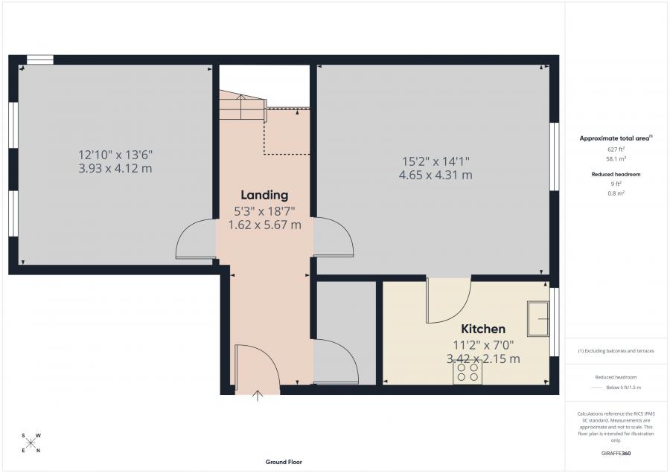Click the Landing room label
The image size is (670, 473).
(258, 196)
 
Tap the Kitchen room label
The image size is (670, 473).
(483, 329)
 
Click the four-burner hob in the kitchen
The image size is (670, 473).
(468, 373)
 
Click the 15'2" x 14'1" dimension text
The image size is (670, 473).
(435, 161)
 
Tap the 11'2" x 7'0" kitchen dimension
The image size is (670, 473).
(482, 344)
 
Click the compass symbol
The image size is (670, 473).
(31, 443)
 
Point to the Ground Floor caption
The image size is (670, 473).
(284, 462)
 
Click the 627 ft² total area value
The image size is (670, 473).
(616, 149)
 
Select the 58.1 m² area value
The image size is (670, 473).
(616, 159)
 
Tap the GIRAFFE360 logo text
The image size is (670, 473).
(616, 453)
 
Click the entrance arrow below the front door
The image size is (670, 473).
(258, 396)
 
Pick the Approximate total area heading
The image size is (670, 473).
(616, 138)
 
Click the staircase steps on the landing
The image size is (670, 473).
(240, 106)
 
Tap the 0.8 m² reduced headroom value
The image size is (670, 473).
(616, 193)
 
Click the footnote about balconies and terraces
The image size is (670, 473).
(616, 350)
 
